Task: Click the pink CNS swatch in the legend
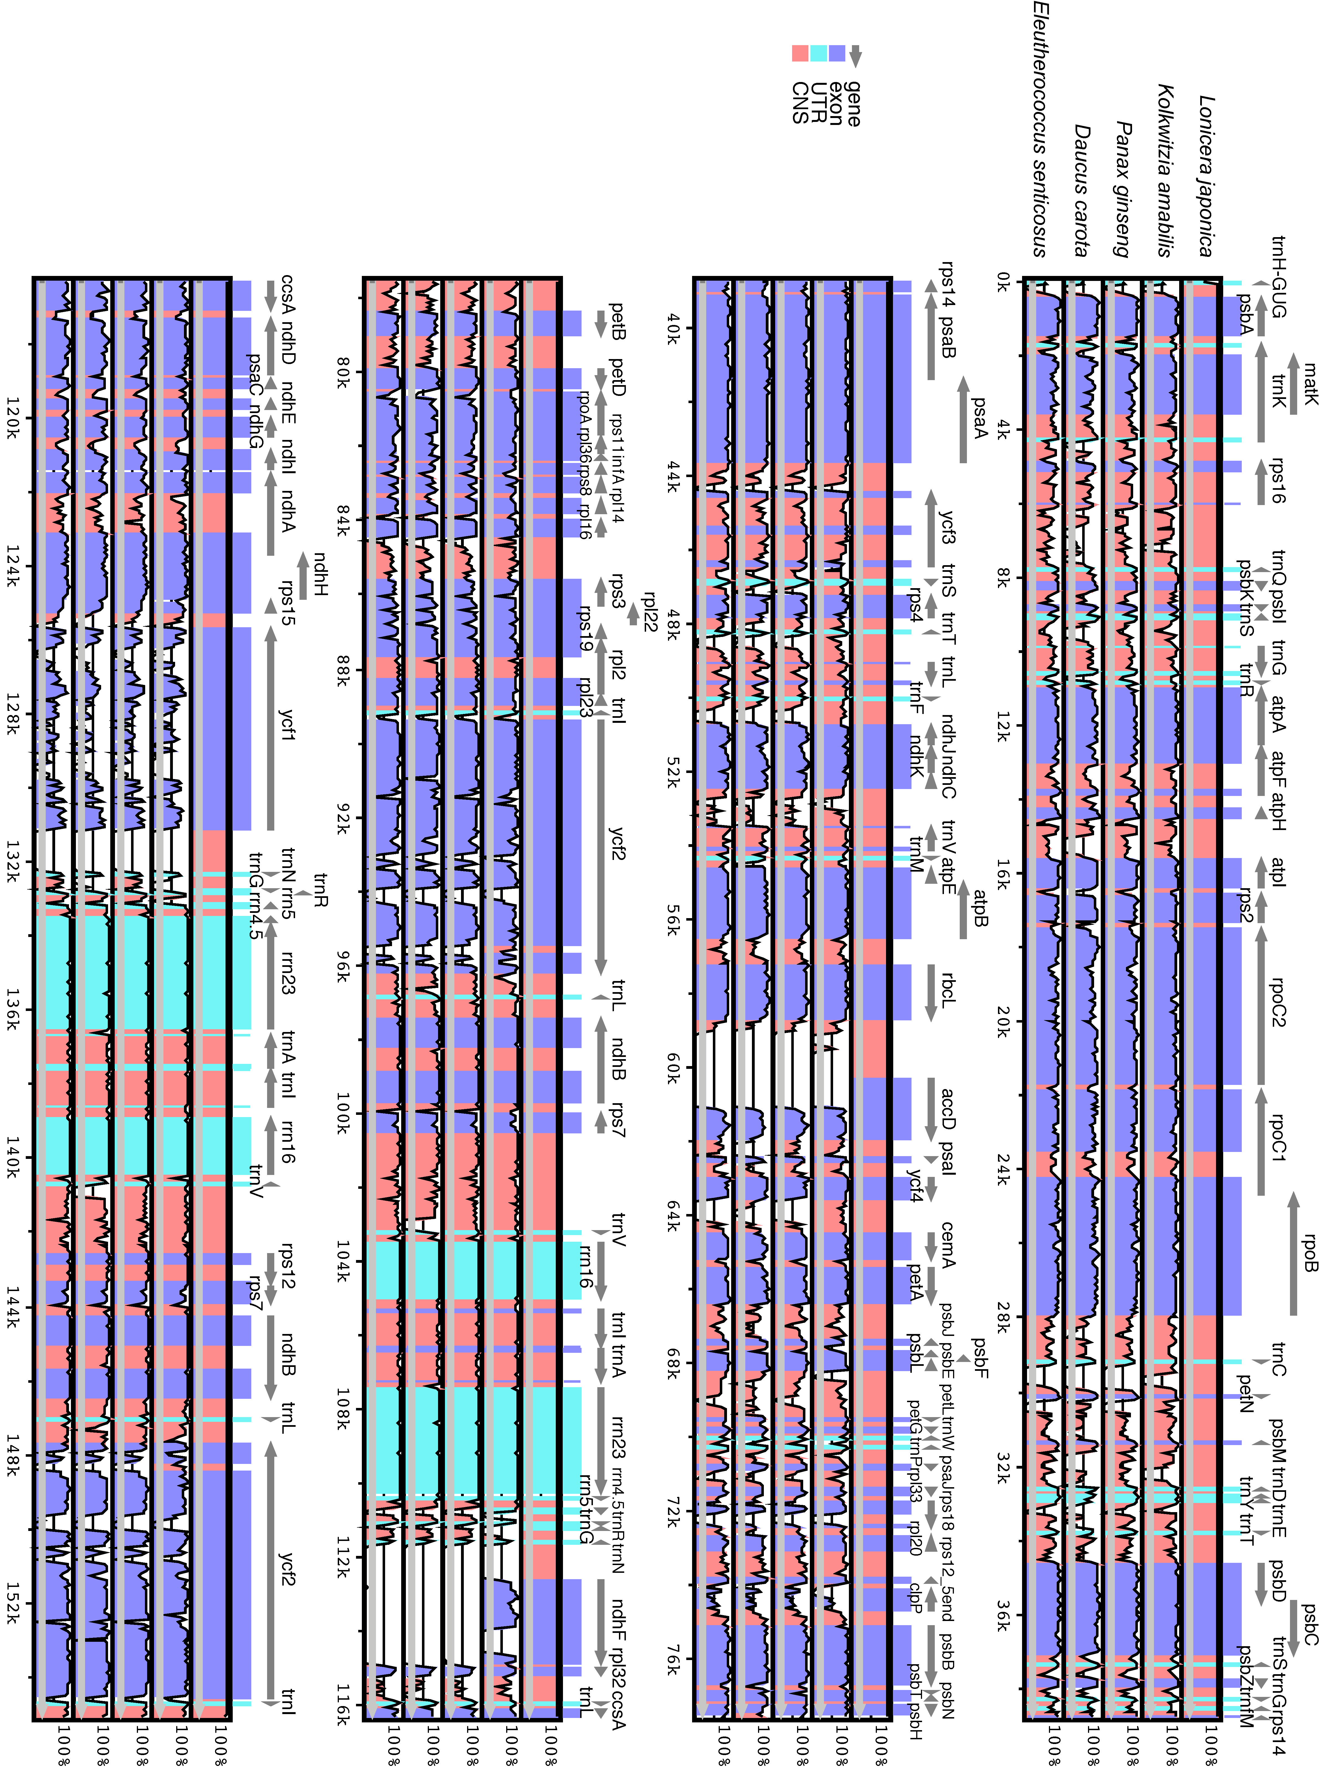point(800,53)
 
